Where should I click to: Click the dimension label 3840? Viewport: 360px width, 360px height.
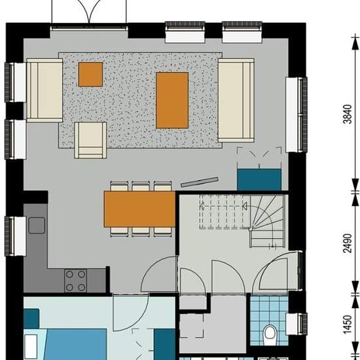tap(348, 114)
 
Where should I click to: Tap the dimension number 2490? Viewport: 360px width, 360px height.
tap(348, 243)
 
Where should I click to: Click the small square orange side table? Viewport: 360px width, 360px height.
tap(90, 75)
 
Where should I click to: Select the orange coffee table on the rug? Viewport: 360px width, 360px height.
tap(172, 100)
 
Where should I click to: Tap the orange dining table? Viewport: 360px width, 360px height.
tap(139, 209)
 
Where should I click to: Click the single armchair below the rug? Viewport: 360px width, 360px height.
tap(90, 140)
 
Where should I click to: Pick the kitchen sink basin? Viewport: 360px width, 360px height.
tap(37, 225)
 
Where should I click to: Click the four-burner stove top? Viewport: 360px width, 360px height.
tap(75, 281)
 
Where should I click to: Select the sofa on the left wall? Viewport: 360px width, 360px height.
tap(45, 90)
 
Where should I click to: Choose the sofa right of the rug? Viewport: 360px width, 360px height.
tap(236, 100)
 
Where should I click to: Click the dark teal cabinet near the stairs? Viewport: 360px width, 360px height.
tap(259, 179)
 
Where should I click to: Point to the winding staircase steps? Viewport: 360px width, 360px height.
tap(268, 221)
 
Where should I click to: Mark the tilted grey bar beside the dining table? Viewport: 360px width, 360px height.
tap(199, 182)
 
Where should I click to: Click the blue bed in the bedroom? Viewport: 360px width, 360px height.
tap(76, 344)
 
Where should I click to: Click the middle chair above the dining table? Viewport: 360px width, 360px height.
tap(141, 186)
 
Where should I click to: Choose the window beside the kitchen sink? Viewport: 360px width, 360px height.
tap(16, 236)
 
